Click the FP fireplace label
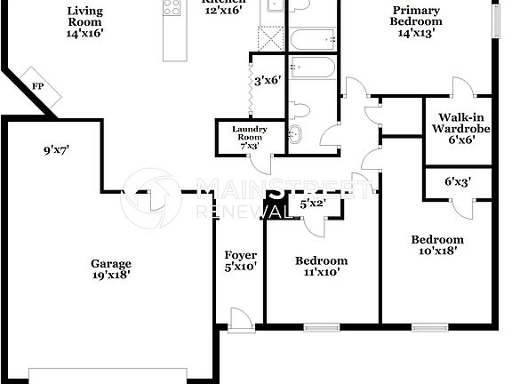[38, 86]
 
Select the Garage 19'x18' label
[111, 269]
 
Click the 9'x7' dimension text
[56, 151]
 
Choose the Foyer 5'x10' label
[240, 260]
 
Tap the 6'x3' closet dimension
[458, 182]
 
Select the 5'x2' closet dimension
[313, 204]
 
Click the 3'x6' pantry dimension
[268, 81]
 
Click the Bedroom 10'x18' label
[436, 244]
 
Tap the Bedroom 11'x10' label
[321, 267]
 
